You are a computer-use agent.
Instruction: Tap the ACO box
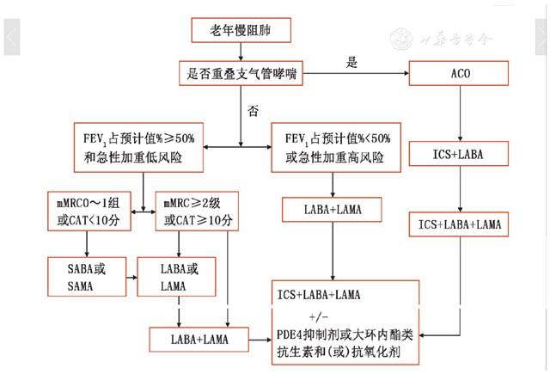tap(461, 75)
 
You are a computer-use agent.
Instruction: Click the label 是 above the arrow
tap(352, 62)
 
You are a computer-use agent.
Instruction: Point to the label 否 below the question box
tap(253, 111)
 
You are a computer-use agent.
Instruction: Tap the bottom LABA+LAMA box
tap(199, 340)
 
